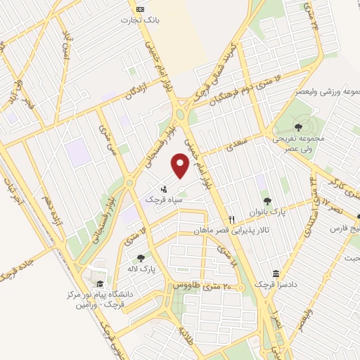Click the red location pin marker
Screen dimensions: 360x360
tap(181, 167)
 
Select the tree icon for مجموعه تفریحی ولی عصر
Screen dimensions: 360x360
tap(299, 127)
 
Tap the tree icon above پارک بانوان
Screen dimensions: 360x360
tap(266, 202)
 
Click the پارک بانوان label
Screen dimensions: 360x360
tap(266, 213)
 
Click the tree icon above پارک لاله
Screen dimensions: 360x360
tap(142, 258)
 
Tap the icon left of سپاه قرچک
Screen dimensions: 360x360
tap(165, 188)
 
